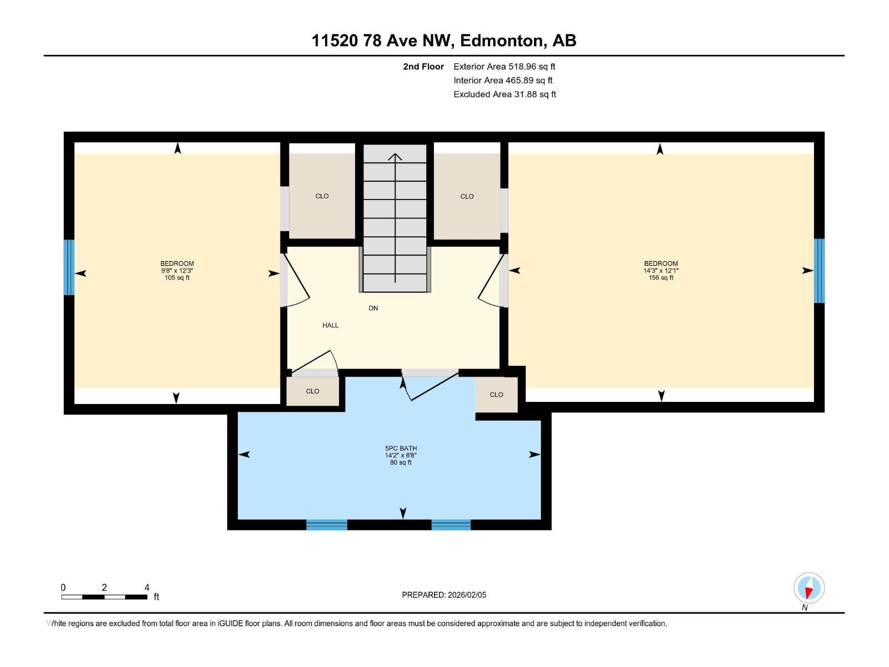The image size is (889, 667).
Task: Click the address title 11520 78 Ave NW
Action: pos(443,41)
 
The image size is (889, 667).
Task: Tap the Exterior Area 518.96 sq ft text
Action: pos(504,66)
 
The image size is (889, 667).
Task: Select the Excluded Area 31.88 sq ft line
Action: pos(505,94)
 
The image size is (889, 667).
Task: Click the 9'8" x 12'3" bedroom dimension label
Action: pos(177,271)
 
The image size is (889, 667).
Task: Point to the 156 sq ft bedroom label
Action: pos(661,277)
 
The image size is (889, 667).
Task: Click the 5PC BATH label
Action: pos(401,448)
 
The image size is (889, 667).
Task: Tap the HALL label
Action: pos(330,325)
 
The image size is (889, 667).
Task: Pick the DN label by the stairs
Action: pos(373,308)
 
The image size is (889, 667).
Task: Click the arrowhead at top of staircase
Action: pos(395,157)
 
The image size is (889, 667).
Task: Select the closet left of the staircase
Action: pos(322,196)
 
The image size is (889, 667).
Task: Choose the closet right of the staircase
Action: pos(467,196)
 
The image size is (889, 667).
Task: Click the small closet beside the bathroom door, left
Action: pos(312,391)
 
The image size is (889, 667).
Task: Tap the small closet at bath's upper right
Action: pos(496,395)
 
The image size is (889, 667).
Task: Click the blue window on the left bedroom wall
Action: pos(69,267)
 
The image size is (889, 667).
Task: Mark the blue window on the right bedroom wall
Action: pos(819,271)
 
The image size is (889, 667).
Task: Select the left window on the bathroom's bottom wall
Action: pos(327,525)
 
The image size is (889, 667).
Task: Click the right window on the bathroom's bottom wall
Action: pos(451,525)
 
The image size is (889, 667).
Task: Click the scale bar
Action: pos(104,597)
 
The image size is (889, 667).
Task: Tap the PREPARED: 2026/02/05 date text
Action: pos(444,595)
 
